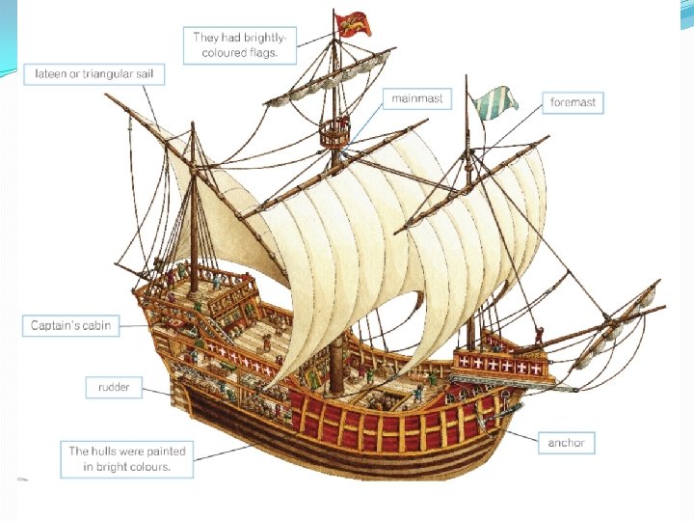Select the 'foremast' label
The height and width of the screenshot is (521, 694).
(573, 102)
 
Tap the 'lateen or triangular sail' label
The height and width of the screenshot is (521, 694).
(99, 73)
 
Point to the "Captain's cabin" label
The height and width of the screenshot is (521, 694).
(70, 325)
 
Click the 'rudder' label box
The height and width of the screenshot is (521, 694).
(114, 388)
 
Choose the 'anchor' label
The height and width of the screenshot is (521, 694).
(566, 443)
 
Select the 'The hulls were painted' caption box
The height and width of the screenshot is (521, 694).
(126, 458)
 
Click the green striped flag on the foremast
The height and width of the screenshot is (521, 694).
(494, 100)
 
